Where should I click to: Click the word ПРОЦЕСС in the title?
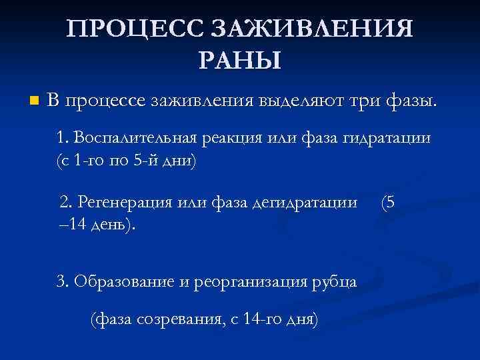click(x=138, y=29)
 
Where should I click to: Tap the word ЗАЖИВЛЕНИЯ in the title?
click(x=311, y=29)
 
